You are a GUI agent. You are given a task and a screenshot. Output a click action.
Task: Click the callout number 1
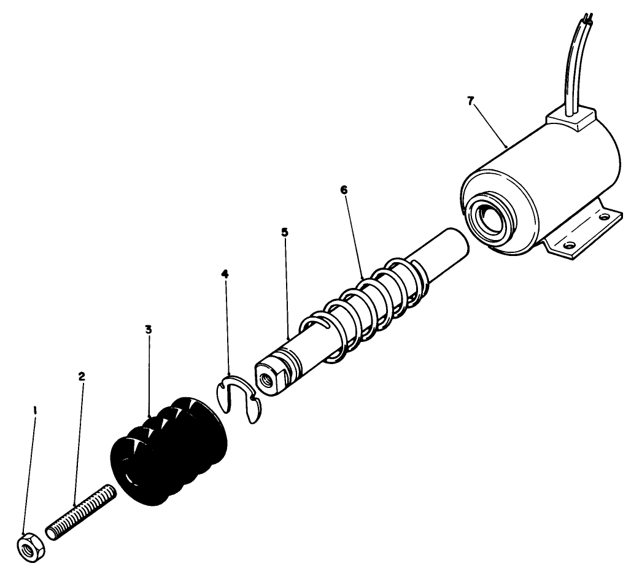tap(35, 409)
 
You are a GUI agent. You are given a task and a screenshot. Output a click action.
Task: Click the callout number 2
tap(82, 375)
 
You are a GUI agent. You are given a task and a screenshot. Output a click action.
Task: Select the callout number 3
tap(149, 330)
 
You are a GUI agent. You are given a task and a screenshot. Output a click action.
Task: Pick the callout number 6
tap(344, 190)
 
